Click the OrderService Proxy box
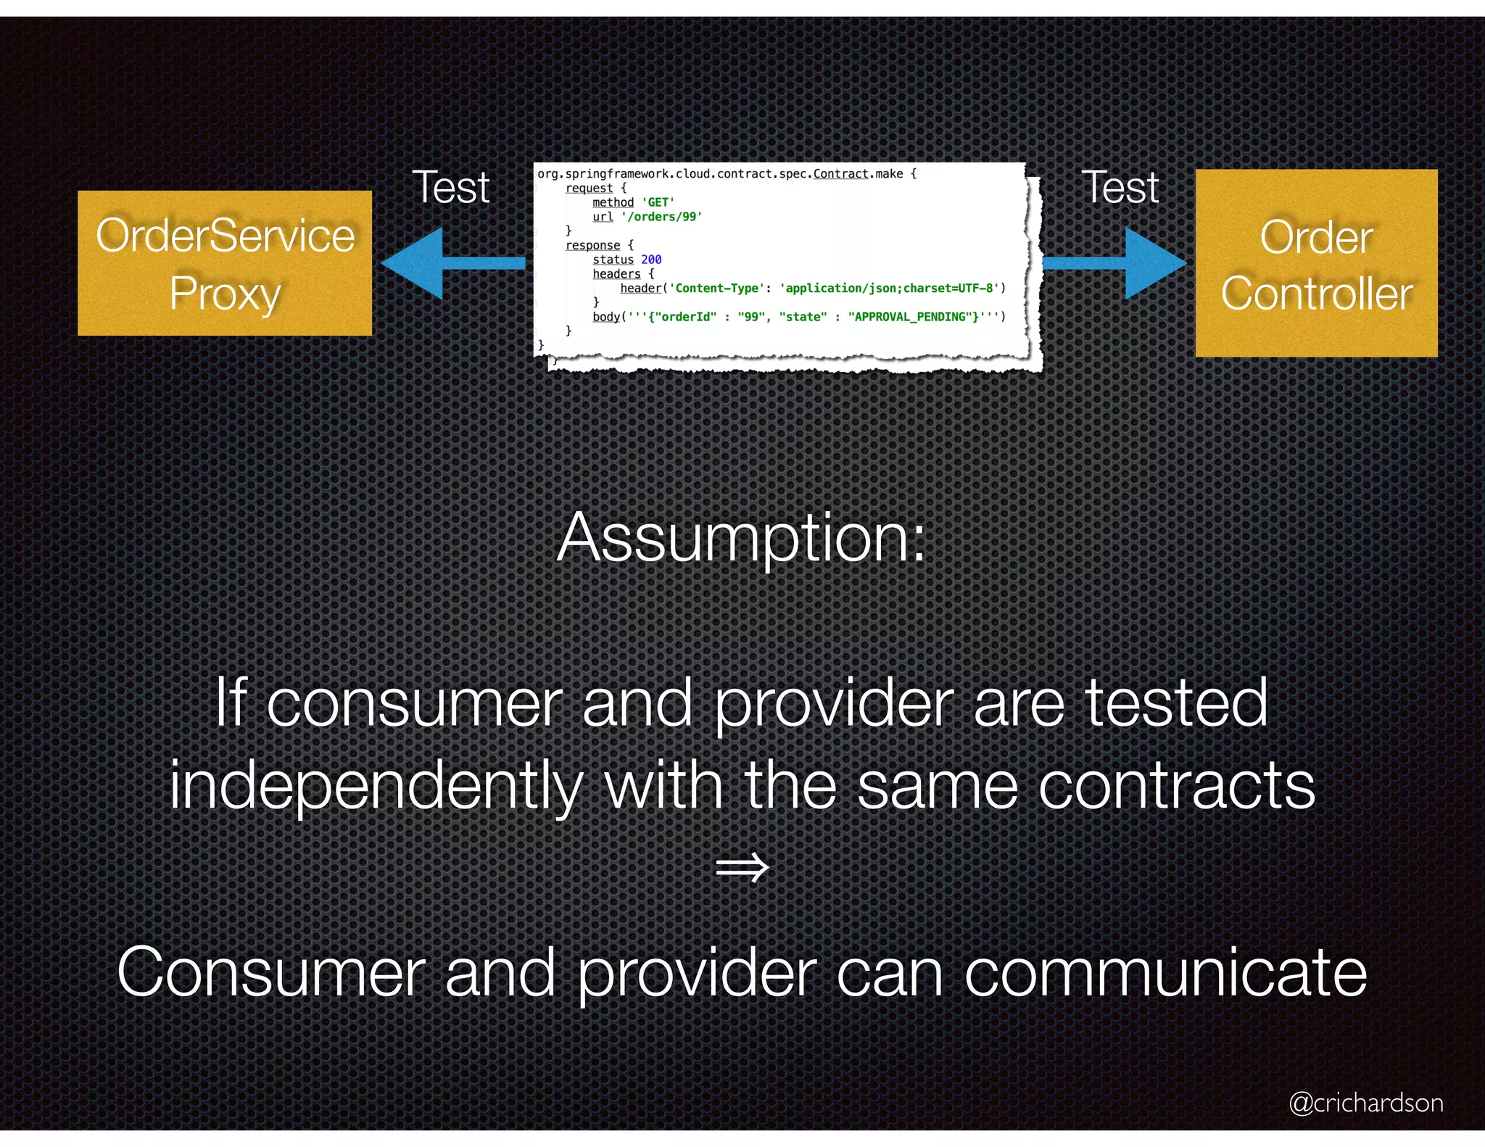pos(225,263)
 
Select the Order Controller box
pos(1316,263)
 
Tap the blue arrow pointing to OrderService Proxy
pos(450,263)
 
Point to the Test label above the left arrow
pos(451,188)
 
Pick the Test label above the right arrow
pos(1120,188)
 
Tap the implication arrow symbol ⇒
pos(741,867)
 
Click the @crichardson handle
pos(1366,1103)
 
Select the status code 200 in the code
pos(651,260)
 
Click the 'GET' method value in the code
pos(658,202)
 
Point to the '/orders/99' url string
pos(661,217)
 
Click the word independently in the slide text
pos(376,787)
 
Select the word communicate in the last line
pos(1165,973)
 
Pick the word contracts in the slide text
pos(1176,787)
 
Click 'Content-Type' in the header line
pos(716,289)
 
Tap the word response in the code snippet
pos(592,245)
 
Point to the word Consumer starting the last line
pos(271,973)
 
